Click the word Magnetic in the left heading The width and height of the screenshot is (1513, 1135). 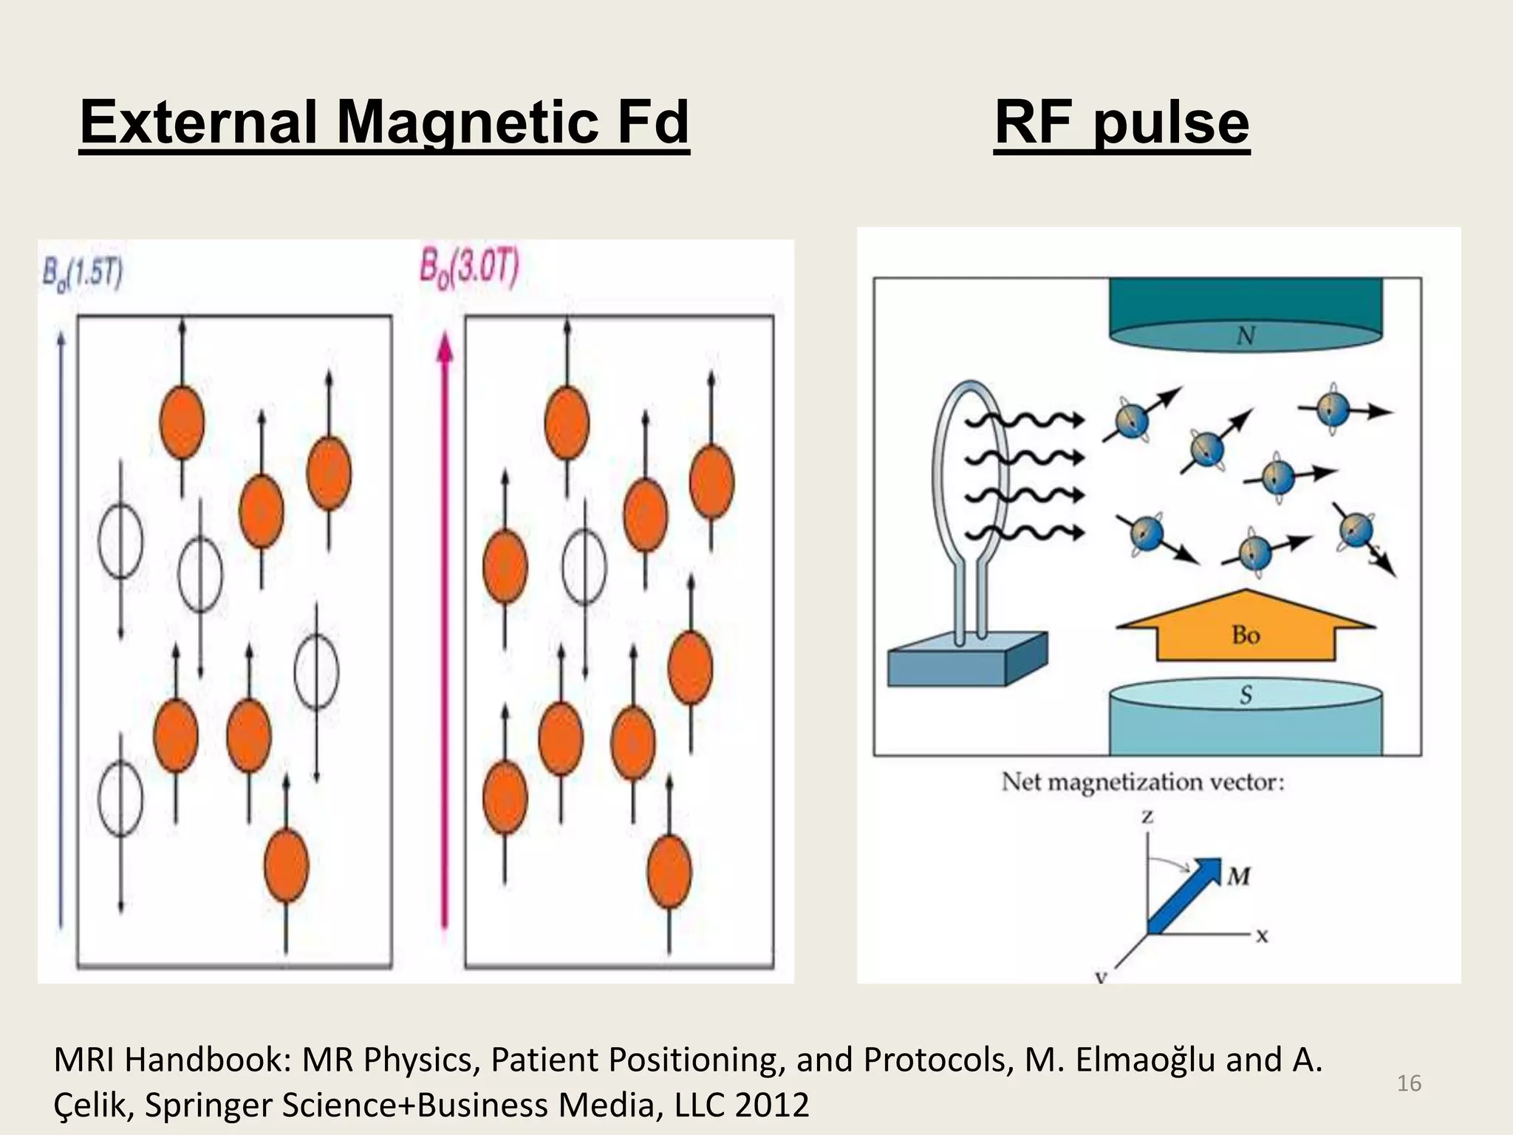coord(467,122)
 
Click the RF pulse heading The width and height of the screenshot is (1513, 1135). coord(1121,122)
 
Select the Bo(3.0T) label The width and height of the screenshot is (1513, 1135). coord(470,267)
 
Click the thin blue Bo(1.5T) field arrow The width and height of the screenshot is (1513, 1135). coord(61,628)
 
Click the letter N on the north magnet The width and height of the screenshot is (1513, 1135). coord(1246,336)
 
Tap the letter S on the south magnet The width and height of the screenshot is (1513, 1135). coord(1246,695)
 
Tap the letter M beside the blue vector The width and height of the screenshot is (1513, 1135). coord(1239,876)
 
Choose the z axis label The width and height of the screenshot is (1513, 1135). coord(1147,817)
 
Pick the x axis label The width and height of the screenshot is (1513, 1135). coord(1262,936)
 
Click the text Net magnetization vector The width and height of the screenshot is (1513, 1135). coord(1142,782)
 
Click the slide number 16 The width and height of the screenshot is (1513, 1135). coord(1409,1083)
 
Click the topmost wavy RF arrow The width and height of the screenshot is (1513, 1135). coord(1023,420)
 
